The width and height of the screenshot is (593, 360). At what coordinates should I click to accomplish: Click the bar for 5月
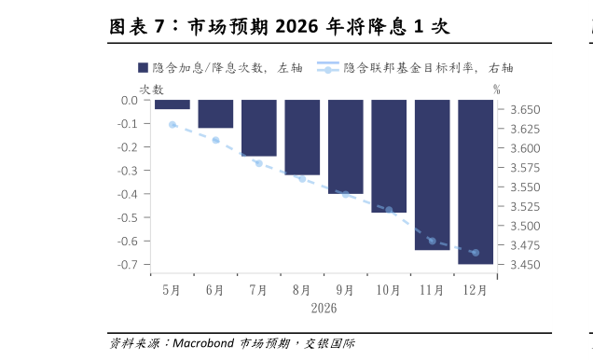(x=172, y=104)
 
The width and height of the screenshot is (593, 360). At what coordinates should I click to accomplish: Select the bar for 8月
(x=302, y=137)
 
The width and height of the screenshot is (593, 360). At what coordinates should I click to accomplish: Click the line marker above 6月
(x=215, y=141)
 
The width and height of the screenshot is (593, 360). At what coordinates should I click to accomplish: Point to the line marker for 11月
(x=432, y=242)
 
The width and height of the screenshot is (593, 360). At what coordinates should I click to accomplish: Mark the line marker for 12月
(x=476, y=253)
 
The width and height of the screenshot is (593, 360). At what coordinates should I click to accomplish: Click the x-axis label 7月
(x=258, y=290)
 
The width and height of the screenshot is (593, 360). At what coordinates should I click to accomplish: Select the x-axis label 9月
(x=345, y=290)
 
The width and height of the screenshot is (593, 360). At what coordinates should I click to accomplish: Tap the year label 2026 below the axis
(x=324, y=308)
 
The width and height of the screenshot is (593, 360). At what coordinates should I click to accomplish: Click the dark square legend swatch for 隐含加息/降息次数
(x=144, y=68)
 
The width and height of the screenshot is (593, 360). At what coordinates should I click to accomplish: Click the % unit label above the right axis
(x=497, y=90)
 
